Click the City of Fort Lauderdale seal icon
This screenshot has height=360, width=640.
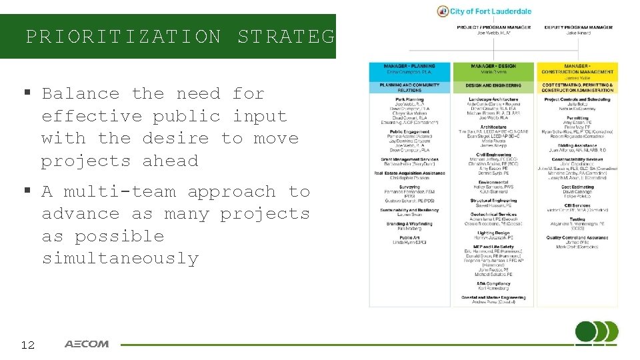443,11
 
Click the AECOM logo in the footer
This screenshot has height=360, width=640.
87,344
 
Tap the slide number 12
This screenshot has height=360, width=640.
28,345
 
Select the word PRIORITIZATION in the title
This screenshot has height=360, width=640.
123,36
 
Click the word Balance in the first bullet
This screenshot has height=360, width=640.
81,94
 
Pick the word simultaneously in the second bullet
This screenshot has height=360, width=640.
120,259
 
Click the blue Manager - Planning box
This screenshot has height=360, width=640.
410,69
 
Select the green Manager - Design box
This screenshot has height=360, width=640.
493,69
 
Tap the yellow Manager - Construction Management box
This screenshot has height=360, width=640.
577,71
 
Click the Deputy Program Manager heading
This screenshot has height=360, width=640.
577,27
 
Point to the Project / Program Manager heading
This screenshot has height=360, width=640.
493,27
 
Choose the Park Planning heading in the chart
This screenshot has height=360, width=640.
410,99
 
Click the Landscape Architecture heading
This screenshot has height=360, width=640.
493,99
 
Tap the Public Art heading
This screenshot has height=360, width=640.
410,237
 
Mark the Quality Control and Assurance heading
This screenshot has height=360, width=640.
577,237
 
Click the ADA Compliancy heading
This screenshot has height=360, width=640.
493,284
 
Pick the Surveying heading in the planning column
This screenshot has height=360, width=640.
410,187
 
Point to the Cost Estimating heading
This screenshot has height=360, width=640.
577,187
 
